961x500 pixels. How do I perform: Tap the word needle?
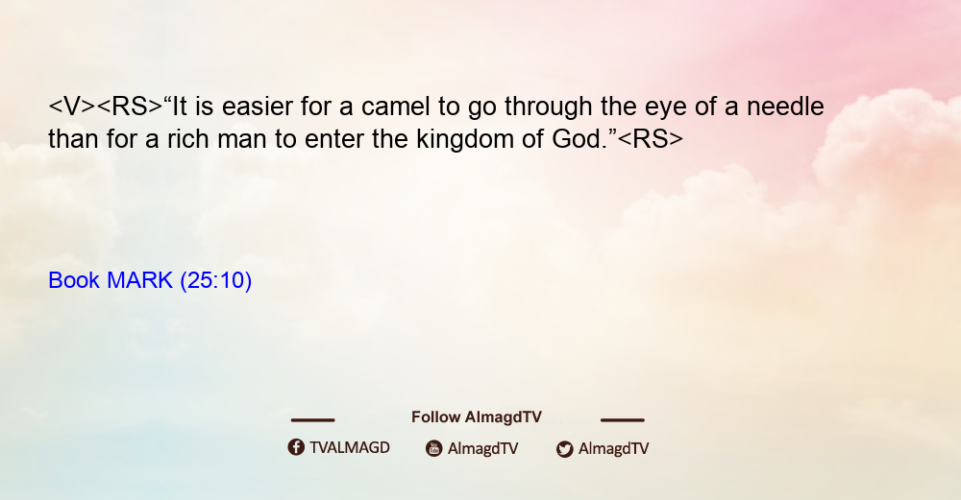pyautogui.click(x=785, y=107)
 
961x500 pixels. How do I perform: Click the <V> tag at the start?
pyautogui.click(x=72, y=107)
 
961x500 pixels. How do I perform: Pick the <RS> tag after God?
pyautogui.click(x=651, y=139)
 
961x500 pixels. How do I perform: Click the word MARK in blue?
pyautogui.click(x=139, y=280)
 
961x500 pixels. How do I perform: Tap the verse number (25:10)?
pyautogui.click(x=215, y=281)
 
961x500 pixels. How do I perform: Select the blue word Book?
pyautogui.click(x=74, y=280)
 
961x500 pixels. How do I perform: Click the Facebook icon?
pyautogui.click(x=296, y=447)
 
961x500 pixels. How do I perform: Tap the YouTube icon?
pyautogui.click(x=434, y=448)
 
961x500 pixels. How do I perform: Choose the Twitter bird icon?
pyautogui.click(x=565, y=449)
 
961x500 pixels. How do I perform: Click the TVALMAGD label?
pyautogui.click(x=350, y=447)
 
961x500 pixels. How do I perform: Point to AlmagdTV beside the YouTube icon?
pyautogui.click(x=483, y=448)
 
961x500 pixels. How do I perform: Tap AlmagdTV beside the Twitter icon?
pyautogui.click(x=613, y=448)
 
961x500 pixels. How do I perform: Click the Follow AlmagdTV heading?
pyautogui.click(x=477, y=417)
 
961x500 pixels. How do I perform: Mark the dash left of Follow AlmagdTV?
pyautogui.click(x=312, y=420)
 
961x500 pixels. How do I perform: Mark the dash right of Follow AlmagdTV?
pyautogui.click(x=623, y=420)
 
